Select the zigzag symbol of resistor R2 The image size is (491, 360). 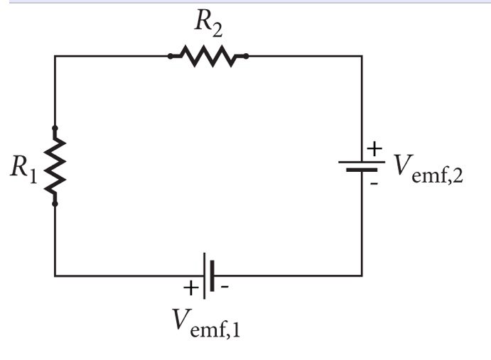click(x=207, y=55)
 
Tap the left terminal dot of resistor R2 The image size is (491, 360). click(x=170, y=55)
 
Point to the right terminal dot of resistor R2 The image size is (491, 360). click(x=246, y=55)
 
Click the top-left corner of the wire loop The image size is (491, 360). click(x=55, y=55)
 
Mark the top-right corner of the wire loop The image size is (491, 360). click(x=362, y=55)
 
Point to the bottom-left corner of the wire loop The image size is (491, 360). click(x=55, y=275)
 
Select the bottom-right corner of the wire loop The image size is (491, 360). click(x=362, y=275)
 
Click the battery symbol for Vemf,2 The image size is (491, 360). click(x=362, y=166)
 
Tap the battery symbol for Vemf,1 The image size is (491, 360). click(x=207, y=275)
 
